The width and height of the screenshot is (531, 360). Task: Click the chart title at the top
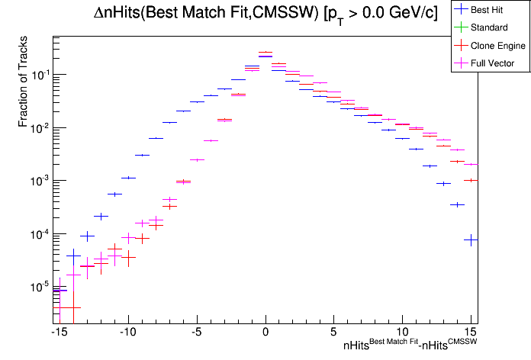click(x=270, y=14)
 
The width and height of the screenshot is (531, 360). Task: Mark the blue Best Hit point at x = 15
click(x=471, y=240)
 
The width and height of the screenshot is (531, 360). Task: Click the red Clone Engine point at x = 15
click(x=471, y=180)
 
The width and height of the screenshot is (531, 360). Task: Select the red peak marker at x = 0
click(x=265, y=53)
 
